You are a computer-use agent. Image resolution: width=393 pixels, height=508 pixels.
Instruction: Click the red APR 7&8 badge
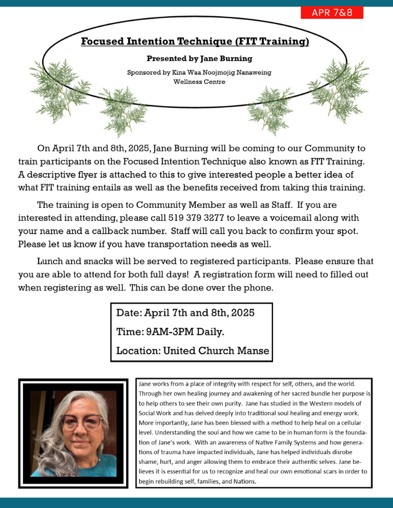tap(332, 13)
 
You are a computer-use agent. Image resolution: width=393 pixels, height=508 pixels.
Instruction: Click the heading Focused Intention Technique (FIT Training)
tap(195, 41)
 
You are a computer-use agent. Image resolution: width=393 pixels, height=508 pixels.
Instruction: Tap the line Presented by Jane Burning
tap(199, 58)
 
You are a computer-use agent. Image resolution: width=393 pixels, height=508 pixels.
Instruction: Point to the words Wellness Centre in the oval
tap(199, 81)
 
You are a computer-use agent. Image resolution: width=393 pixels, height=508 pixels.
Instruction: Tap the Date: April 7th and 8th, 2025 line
tap(185, 313)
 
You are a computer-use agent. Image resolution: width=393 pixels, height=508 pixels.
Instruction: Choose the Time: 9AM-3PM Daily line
tap(170, 332)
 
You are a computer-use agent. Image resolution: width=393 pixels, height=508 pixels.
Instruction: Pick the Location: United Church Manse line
tap(192, 351)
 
